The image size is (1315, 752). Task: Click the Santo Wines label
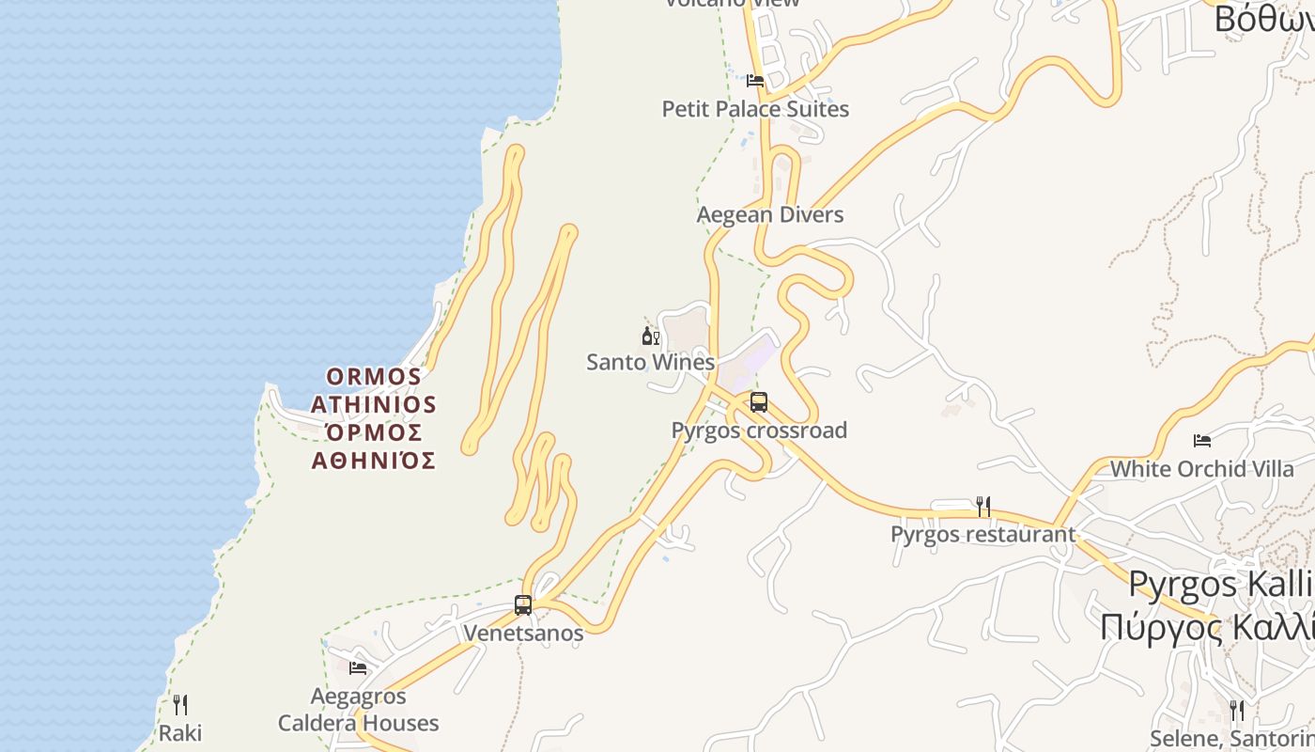click(x=650, y=362)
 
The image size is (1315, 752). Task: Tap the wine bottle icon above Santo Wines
click(x=650, y=336)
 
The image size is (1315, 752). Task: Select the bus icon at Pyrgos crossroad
click(x=759, y=402)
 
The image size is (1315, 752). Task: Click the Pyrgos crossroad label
click(x=759, y=431)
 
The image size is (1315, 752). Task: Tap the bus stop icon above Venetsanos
click(x=523, y=605)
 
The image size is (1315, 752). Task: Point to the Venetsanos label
click(x=523, y=633)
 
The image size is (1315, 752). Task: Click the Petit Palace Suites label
click(x=755, y=109)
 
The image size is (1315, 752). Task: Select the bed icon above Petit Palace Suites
click(x=755, y=81)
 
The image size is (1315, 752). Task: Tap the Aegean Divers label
click(x=770, y=215)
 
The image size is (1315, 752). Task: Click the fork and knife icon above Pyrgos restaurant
click(x=982, y=507)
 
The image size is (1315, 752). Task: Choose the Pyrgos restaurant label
click(x=982, y=535)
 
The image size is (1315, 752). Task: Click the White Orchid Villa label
click(x=1201, y=468)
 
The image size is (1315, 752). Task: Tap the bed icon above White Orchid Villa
click(x=1201, y=440)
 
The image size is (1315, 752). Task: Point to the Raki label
click(x=180, y=733)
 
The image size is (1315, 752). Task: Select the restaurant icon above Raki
click(x=180, y=705)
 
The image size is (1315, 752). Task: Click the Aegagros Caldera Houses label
click(x=358, y=710)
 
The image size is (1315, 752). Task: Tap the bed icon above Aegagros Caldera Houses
click(x=358, y=668)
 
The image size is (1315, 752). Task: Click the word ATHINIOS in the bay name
click(x=374, y=405)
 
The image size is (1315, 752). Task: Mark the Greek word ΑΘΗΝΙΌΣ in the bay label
click(x=374, y=461)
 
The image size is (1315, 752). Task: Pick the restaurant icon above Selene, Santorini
click(x=1237, y=710)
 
